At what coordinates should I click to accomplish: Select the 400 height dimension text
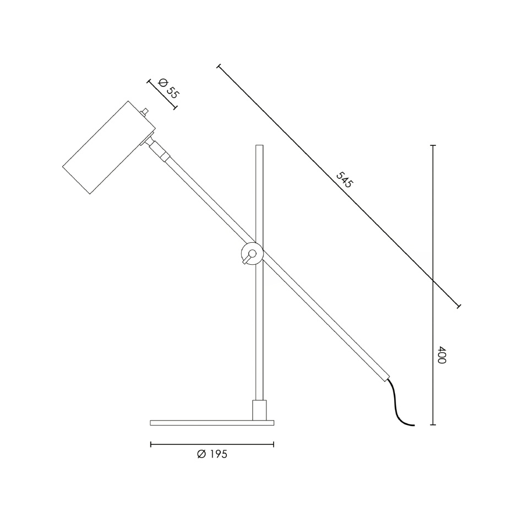click(x=441, y=355)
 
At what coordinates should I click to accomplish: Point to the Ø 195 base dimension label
click(x=212, y=454)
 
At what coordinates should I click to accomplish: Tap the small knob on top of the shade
click(x=145, y=112)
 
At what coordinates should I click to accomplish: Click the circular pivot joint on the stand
click(x=253, y=253)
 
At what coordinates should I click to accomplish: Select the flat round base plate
click(x=212, y=423)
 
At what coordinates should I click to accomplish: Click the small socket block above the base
click(x=259, y=410)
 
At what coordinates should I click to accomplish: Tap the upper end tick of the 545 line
click(x=219, y=67)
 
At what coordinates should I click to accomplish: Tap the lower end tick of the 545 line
click(x=459, y=305)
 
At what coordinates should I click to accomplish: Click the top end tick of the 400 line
click(x=433, y=145)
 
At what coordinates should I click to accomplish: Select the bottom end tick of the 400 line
click(x=433, y=425)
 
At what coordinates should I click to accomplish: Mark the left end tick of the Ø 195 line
click(x=151, y=444)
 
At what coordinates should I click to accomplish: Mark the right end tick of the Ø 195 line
click(x=274, y=444)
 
